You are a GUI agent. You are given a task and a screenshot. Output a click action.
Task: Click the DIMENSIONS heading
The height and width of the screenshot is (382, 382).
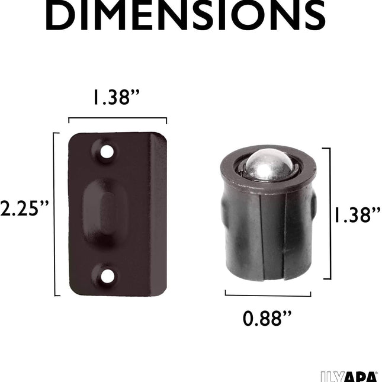click(185, 15)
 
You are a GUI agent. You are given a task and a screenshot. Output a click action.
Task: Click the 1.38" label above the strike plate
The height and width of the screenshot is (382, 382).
click(117, 98)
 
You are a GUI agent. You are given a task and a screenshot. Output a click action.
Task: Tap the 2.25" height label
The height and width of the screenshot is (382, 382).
click(25, 208)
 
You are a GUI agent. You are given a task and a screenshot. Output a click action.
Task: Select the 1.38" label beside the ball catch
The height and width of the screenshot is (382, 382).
click(357, 215)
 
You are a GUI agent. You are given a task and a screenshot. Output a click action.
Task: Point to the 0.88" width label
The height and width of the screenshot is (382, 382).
click(267, 319)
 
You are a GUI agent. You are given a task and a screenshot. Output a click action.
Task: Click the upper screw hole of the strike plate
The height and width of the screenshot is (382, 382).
click(107, 152)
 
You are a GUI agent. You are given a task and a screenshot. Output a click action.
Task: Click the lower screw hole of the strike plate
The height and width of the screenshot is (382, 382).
click(107, 277)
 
